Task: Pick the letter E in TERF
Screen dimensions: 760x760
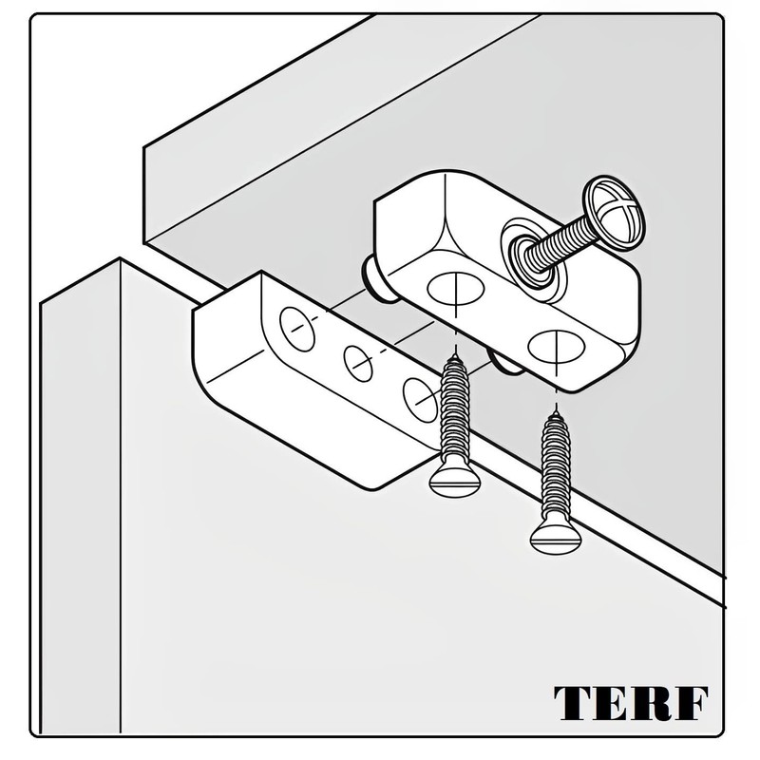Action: tap(610, 702)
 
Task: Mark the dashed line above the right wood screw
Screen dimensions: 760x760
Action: tap(552, 389)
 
